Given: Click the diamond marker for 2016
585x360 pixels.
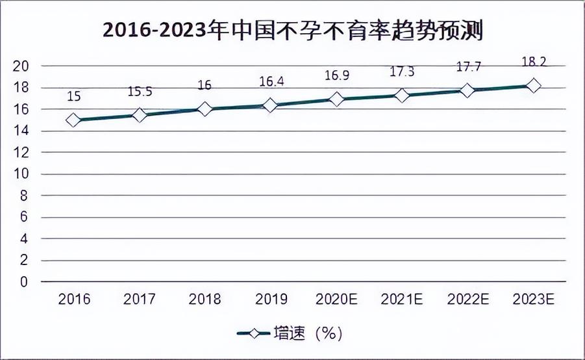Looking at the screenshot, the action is pyautogui.click(x=73, y=120).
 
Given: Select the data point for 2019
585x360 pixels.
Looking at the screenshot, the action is pyautogui.click(x=270, y=105).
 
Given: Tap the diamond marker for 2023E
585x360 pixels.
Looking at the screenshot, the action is pyautogui.click(x=534, y=86).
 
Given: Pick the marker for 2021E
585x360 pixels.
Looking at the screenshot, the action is pyautogui.click(x=402, y=96).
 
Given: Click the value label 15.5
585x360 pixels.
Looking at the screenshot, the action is pyautogui.click(x=140, y=92).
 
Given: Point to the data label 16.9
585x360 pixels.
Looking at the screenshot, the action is pyautogui.click(x=336, y=75).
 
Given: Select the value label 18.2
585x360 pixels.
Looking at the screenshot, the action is pyautogui.click(x=534, y=62).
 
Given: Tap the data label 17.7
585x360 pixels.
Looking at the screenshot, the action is pyautogui.click(x=469, y=67).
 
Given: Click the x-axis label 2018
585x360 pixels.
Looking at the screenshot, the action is pyautogui.click(x=205, y=299).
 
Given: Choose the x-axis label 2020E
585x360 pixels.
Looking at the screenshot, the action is pyautogui.click(x=336, y=299).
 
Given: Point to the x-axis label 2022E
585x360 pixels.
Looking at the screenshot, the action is pyautogui.click(x=468, y=299).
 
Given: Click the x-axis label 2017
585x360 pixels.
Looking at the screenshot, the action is pyautogui.click(x=139, y=299).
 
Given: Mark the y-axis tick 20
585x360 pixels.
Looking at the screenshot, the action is pyautogui.click(x=21, y=66).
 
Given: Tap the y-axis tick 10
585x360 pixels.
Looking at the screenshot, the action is pyautogui.click(x=21, y=174).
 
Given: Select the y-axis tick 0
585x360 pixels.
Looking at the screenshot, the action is pyautogui.click(x=24, y=281).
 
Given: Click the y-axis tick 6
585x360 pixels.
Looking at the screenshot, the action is pyautogui.click(x=24, y=216).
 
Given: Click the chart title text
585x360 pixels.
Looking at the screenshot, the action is pyautogui.click(x=293, y=31).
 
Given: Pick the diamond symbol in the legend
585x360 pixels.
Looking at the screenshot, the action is pyautogui.click(x=254, y=333).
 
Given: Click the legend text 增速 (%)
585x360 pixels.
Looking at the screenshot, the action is pyautogui.click(x=308, y=333).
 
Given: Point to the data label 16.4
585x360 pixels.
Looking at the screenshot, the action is pyautogui.click(x=271, y=81).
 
